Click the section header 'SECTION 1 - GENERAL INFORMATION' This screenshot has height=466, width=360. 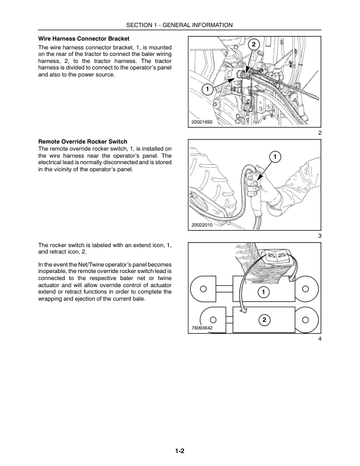[x=180, y=25]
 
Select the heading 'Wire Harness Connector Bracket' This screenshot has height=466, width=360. [x=84, y=39]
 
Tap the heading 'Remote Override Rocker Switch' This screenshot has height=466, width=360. [x=82, y=142]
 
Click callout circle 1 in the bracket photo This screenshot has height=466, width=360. [x=207, y=89]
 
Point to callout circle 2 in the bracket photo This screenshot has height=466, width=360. [x=253, y=45]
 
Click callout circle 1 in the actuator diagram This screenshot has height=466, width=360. [x=264, y=292]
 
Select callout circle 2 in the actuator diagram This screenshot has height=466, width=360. [x=264, y=319]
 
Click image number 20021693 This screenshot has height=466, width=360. [x=202, y=122]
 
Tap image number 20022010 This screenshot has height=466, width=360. [x=202, y=225]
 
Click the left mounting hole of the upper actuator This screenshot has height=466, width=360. [x=203, y=289]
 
